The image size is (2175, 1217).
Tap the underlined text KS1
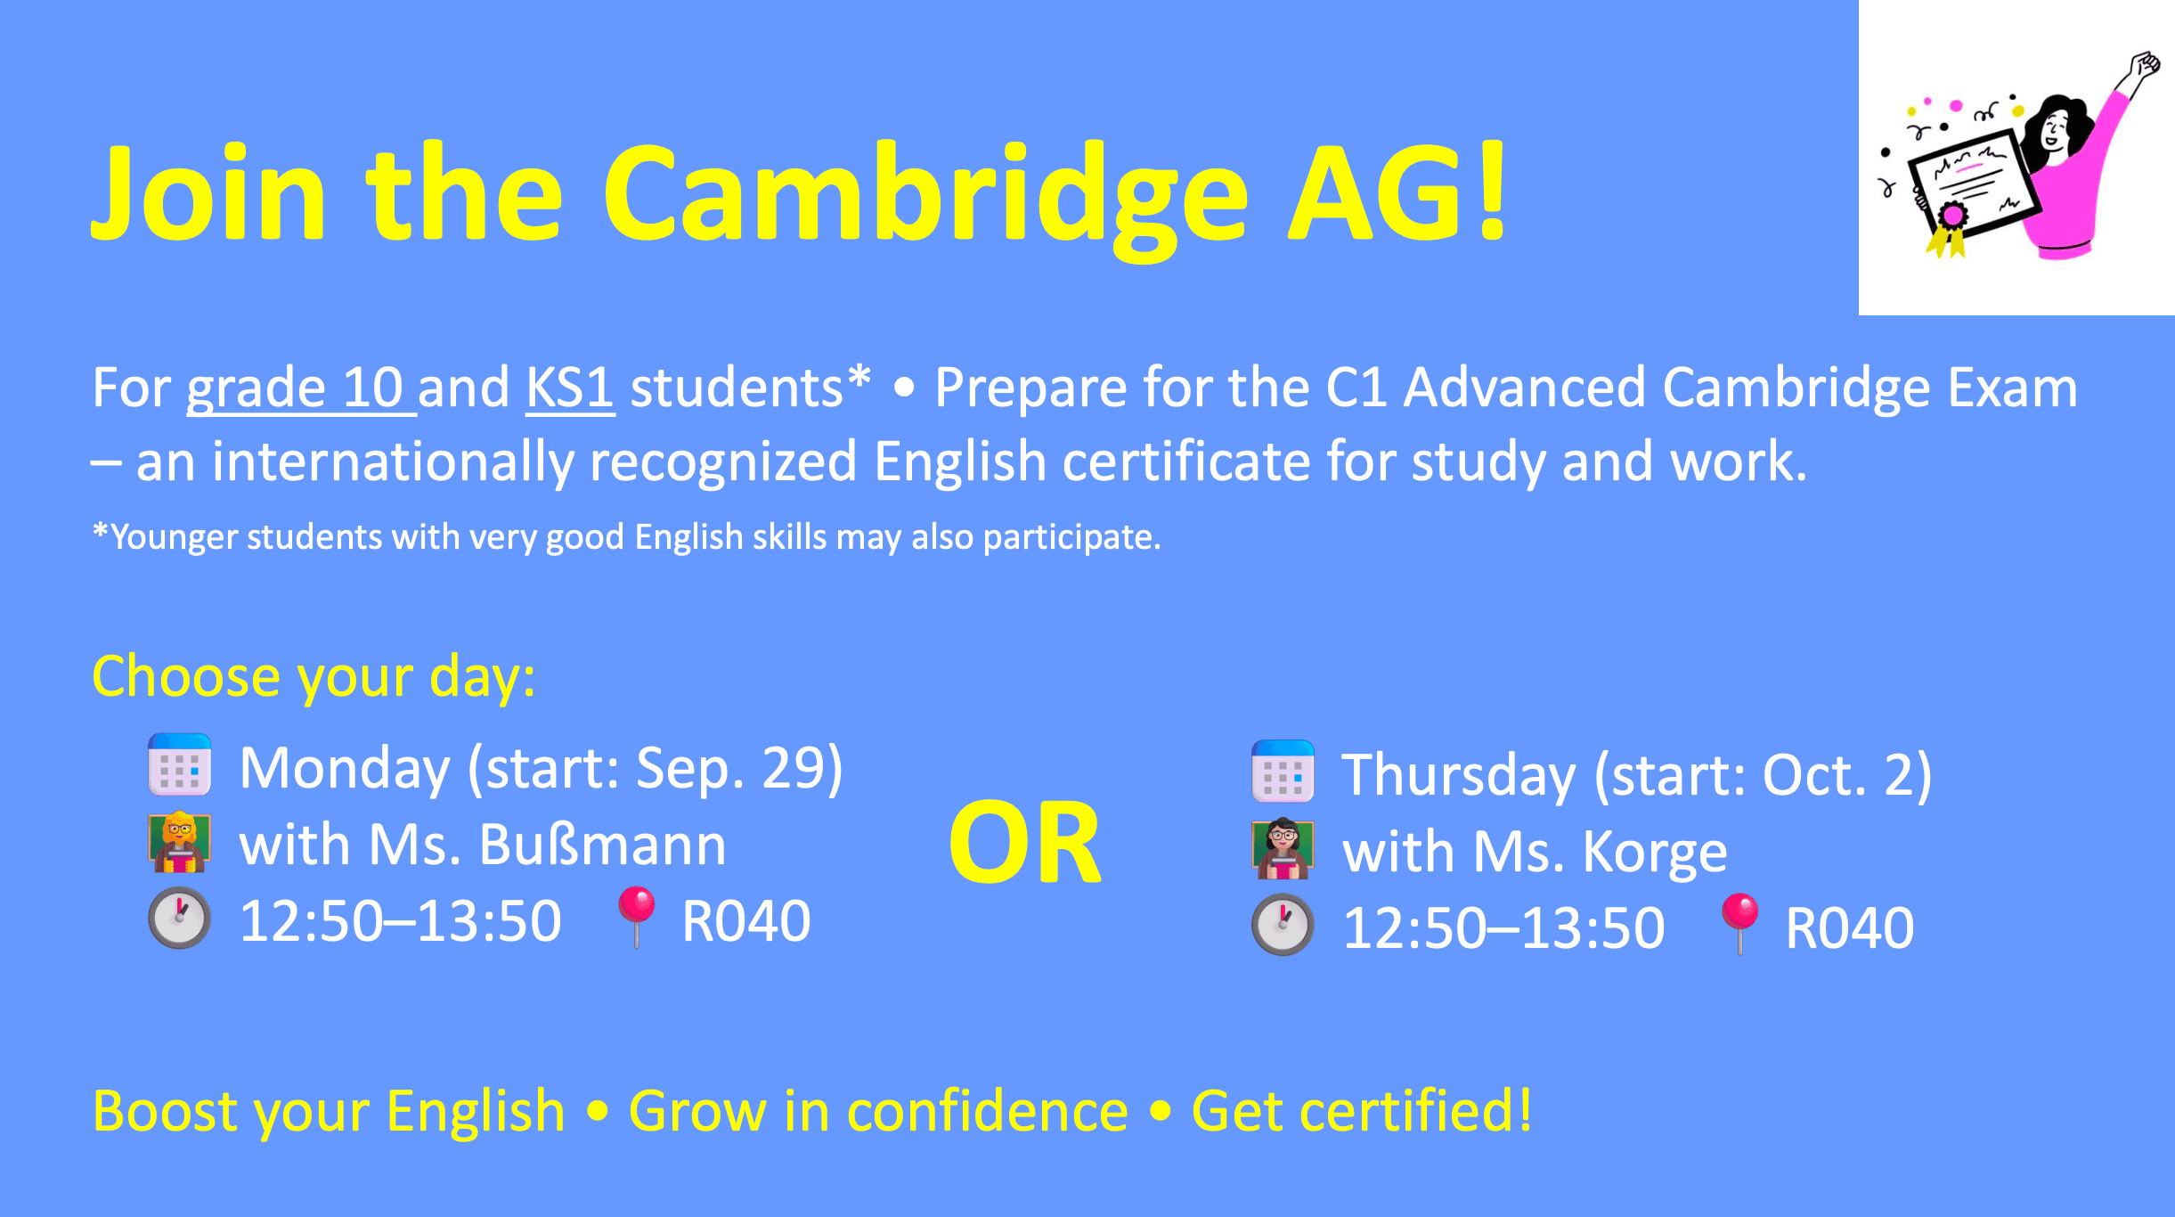point(569,388)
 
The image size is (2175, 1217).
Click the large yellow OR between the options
point(1025,843)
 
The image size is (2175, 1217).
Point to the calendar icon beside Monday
point(180,765)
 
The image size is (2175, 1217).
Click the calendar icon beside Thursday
point(1283,772)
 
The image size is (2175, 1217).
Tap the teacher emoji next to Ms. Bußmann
point(180,842)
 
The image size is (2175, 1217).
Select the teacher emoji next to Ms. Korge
point(1283,849)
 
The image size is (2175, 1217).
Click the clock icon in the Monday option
point(180,919)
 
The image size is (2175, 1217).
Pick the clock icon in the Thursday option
point(1283,925)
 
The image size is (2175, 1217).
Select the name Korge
point(1654,852)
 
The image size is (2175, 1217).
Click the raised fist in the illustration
point(2145,67)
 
